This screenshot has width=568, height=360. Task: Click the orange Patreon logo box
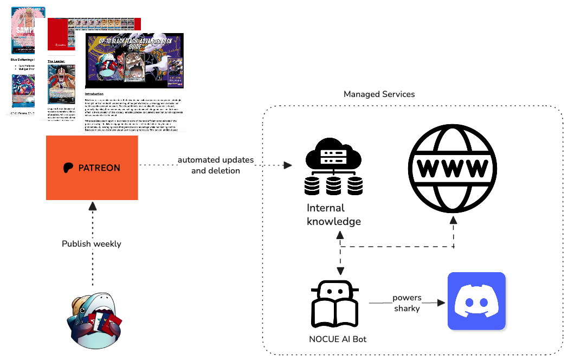click(x=92, y=167)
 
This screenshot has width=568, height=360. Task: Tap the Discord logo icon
click(x=476, y=301)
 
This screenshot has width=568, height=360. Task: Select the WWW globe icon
click(x=455, y=163)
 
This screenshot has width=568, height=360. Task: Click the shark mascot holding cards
click(x=92, y=320)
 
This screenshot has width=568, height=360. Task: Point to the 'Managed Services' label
click(x=379, y=94)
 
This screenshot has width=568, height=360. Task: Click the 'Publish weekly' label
click(x=92, y=243)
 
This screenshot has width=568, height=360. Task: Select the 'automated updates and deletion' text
click(x=215, y=165)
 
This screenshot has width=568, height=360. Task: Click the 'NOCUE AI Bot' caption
click(x=334, y=340)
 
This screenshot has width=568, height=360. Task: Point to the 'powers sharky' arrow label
click(x=407, y=304)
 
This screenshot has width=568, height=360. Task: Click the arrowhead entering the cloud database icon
click(x=288, y=165)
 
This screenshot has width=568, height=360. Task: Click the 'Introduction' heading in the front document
click(x=94, y=94)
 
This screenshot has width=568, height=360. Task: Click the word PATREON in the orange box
click(x=99, y=168)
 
